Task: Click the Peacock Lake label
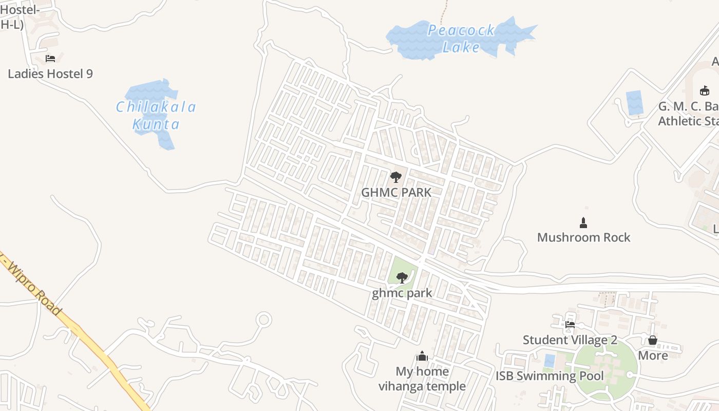tap(461, 39)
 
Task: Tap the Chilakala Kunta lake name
tap(156, 115)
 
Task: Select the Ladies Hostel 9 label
tap(50, 73)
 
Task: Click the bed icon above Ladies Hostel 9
tap(50, 59)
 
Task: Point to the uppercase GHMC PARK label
tap(396, 192)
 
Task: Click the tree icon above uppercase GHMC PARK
tap(395, 178)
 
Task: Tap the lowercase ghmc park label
tap(402, 293)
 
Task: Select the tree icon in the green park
tap(402, 278)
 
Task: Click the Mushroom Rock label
tap(583, 237)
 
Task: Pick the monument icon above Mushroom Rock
tap(583, 223)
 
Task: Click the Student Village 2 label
tap(570, 340)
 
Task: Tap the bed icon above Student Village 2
tap(570, 325)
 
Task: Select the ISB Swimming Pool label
tap(550, 376)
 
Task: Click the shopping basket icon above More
tap(652, 340)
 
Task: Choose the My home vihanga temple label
tap(422, 379)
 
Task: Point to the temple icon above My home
tap(422, 356)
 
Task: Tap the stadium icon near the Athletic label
tap(704, 91)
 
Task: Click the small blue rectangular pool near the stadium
tap(635, 103)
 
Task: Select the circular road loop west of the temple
tap(263, 320)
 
